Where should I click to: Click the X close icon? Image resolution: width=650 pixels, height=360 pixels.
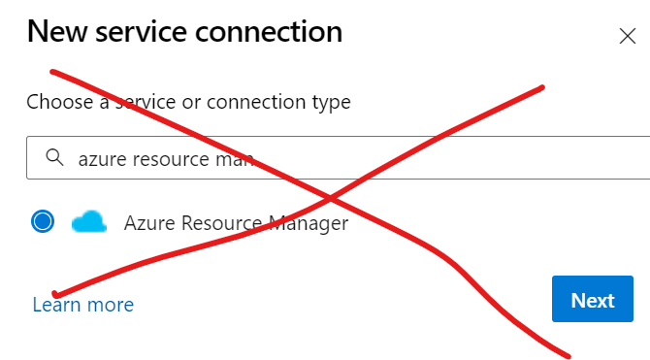[627, 37]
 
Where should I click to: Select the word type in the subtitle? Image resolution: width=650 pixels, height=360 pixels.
[331, 102]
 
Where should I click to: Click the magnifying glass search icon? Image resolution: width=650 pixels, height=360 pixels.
[54, 157]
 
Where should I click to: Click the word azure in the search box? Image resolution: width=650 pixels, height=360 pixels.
[101, 158]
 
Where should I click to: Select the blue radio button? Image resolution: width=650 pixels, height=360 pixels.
[43, 222]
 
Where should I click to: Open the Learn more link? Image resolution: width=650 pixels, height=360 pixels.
[82, 305]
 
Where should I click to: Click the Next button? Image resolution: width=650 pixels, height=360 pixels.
[593, 300]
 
